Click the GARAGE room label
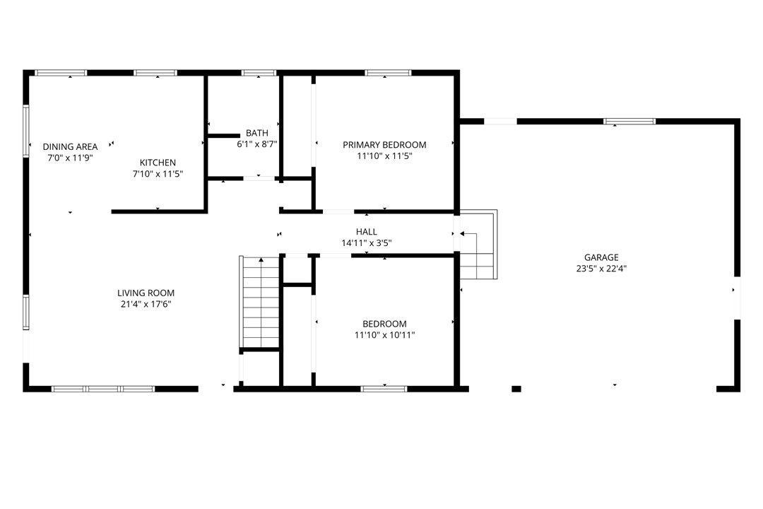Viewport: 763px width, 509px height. click(601, 257)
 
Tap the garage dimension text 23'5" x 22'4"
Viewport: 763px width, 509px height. click(601, 269)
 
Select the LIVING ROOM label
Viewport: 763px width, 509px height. click(146, 293)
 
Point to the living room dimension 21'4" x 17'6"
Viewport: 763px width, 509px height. click(146, 305)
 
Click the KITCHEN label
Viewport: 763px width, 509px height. click(158, 163)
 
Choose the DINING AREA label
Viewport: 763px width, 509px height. click(70, 146)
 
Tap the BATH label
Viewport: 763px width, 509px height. click(257, 133)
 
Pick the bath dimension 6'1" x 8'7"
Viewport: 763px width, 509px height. click(257, 144)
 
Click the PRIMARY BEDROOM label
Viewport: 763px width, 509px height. click(384, 145)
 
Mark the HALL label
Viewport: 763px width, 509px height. click(367, 232)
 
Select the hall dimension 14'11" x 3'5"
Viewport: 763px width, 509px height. click(367, 243)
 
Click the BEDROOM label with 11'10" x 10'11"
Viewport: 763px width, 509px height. click(384, 324)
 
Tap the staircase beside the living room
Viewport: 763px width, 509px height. click(260, 302)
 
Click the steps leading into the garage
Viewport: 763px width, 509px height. click(478, 245)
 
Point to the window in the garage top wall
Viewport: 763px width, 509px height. click(629, 122)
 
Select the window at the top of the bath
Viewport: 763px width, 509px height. click(259, 73)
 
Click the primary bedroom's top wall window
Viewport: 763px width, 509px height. click(389, 73)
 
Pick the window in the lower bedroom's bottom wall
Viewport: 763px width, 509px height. click(384, 389)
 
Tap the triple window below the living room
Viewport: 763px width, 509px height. click(103, 389)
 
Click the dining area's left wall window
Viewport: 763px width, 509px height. click(26, 131)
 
